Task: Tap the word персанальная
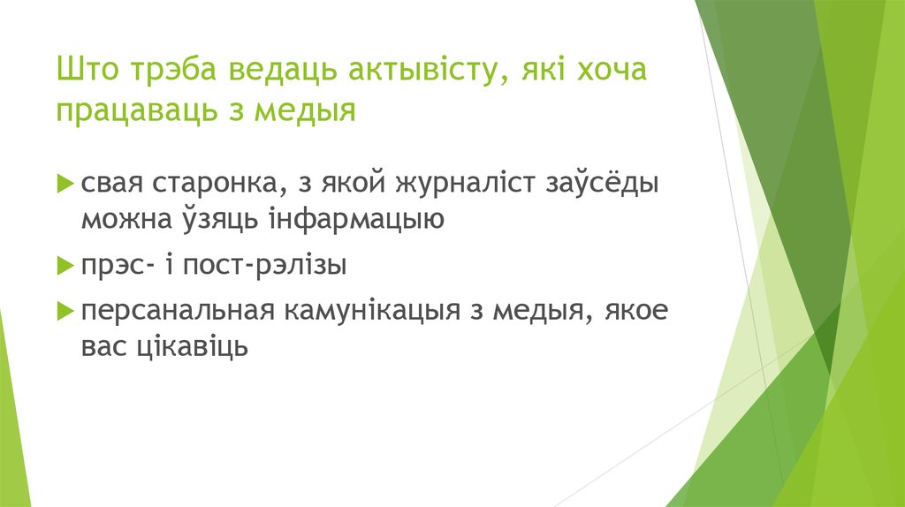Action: (x=176, y=310)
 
